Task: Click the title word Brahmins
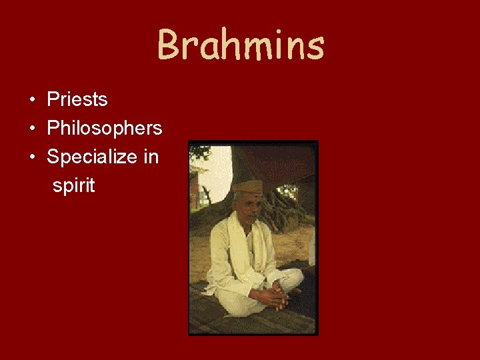pos(240,45)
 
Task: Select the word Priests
pos(77,100)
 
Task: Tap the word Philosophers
pos(104,129)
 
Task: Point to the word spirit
pos(74,186)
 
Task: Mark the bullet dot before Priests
pos(32,101)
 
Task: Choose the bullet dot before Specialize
pos(32,158)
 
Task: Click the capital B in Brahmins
pos(169,45)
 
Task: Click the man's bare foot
pos(291,291)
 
